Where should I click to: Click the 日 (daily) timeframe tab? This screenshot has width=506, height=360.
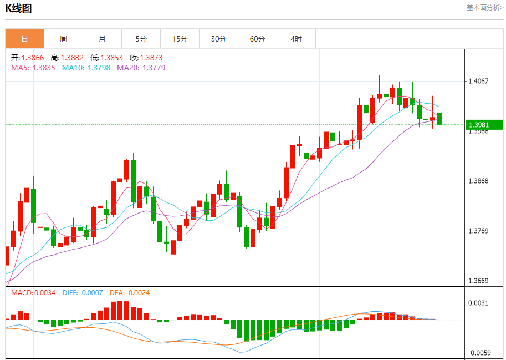pyautogui.click(x=24, y=39)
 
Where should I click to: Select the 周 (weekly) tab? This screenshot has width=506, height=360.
pyautogui.click(x=63, y=39)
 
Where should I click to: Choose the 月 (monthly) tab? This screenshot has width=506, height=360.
pyautogui.click(x=102, y=39)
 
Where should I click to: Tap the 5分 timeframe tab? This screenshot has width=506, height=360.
pyautogui.click(x=141, y=39)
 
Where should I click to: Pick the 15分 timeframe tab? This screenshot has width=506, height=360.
pyautogui.click(x=180, y=39)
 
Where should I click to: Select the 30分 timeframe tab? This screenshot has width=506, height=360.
pyautogui.click(x=218, y=39)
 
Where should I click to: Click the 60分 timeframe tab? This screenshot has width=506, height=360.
pyautogui.click(x=257, y=39)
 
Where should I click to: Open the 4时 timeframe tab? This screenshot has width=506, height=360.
pyautogui.click(x=296, y=39)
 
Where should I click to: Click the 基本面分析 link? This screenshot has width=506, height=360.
pyautogui.click(x=484, y=8)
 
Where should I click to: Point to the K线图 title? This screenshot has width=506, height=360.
pyautogui.click(x=18, y=8)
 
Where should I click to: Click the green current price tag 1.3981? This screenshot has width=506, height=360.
pyautogui.click(x=484, y=125)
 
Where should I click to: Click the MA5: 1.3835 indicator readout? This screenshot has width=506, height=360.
pyautogui.click(x=33, y=68)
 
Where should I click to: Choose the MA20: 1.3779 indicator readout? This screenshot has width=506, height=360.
pyautogui.click(x=141, y=68)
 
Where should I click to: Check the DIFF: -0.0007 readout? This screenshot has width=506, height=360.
pyautogui.click(x=83, y=292)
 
